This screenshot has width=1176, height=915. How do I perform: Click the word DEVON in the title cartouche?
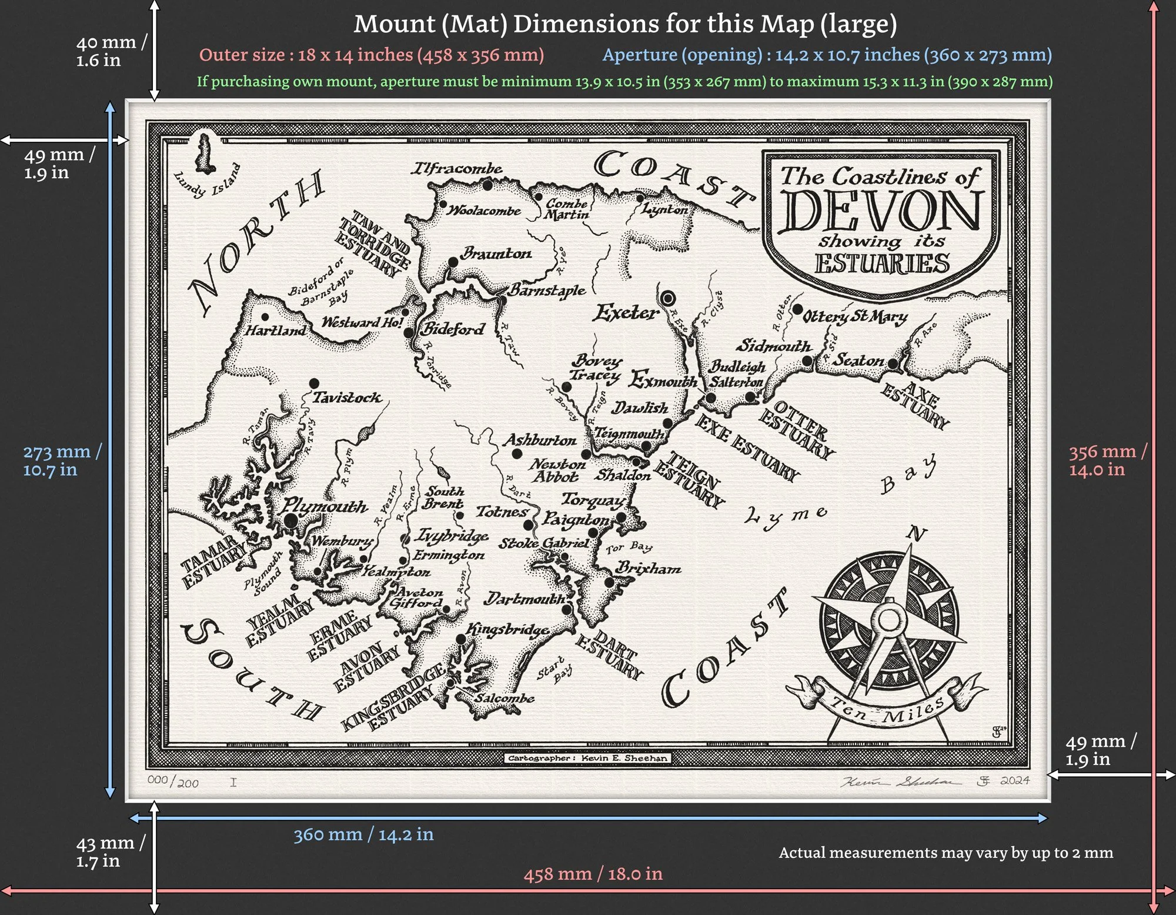(880, 211)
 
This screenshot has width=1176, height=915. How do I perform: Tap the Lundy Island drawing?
(205, 154)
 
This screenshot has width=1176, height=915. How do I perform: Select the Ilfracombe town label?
(456, 169)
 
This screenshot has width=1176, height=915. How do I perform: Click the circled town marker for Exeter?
(667, 298)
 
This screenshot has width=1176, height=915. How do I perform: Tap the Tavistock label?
(346, 398)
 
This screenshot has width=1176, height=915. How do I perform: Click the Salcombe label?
(505, 699)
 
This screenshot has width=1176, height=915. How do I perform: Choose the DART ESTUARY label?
(610, 654)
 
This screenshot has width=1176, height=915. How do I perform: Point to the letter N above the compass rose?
(916, 533)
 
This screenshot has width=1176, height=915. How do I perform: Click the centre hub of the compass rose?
(889, 619)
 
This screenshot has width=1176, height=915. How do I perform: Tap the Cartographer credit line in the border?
(587, 758)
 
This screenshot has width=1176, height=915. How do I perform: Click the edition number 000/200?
(172, 782)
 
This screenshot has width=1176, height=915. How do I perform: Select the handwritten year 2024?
(1015, 780)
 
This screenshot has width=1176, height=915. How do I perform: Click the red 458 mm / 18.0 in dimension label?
(593, 874)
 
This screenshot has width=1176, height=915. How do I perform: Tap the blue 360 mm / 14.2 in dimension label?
(363, 834)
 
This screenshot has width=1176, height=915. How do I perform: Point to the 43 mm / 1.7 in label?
(110, 851)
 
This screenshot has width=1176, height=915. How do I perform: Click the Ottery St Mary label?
(856, 317)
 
